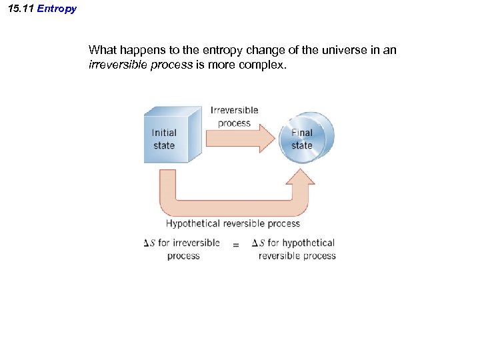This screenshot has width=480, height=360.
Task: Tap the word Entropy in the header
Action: pyautogui.click(x=57, y=9)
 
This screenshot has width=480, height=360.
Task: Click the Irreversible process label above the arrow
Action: pyautogui.click(x=234, y=116)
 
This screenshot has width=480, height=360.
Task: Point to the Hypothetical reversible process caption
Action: pyautogui.click(x=233, y=224)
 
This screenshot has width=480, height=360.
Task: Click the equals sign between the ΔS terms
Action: pyautogui.click(x=235, y=246)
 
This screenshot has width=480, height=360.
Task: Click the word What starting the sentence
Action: pyautogui.click(x=102, y=50)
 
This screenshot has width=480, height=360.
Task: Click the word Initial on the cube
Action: pyautogui.click(x=163, y=133)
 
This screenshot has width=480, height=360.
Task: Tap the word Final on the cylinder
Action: pyautogui.click(x=301, y=133)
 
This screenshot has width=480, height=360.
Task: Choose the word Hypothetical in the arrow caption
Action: pyautogui.click(x=193, y=224)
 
